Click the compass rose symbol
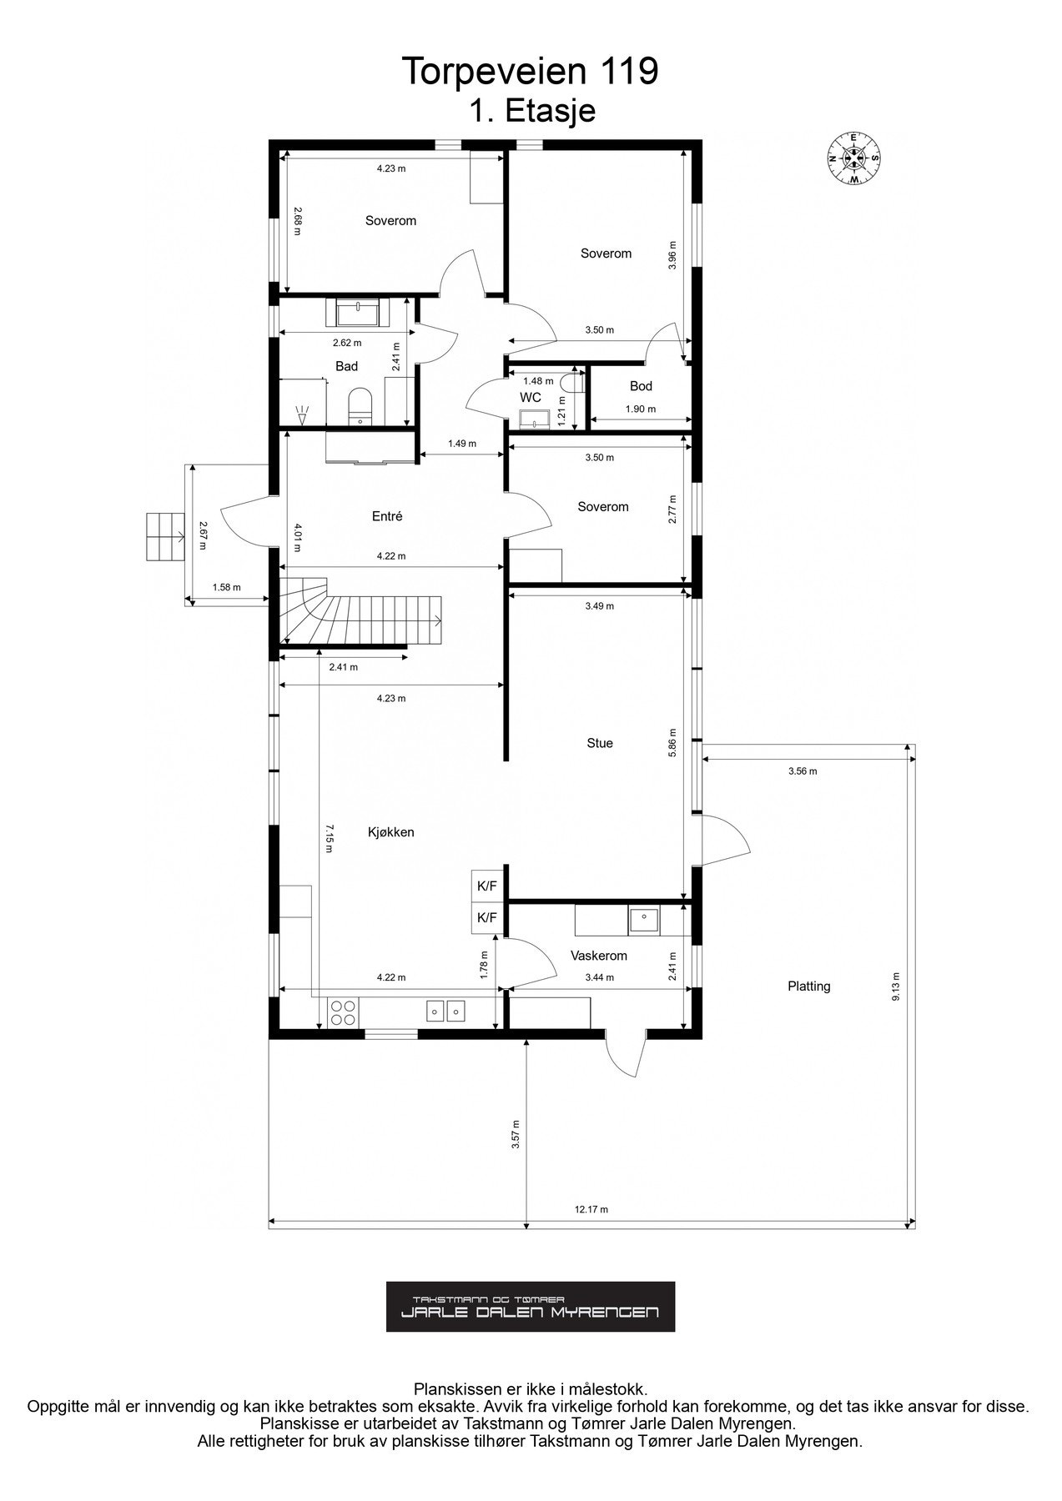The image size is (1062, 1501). [854, 158]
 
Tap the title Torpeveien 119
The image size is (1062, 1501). [530, 72]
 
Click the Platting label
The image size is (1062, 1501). [808, 986]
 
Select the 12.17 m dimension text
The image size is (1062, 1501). [591, 1209]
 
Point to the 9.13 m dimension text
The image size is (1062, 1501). [896, 986]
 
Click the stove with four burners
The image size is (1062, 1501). [342, 1012]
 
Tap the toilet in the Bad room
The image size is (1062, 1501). [360, 405]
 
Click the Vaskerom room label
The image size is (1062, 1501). [598, 956]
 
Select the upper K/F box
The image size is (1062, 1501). [486, 886]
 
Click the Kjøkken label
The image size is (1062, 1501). [390, 832]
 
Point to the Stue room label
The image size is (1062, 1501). [599, 743]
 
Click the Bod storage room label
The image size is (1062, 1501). [641, 386]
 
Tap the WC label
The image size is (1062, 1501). [531, 398]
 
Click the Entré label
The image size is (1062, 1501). [387, 516]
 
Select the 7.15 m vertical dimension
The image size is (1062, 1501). [329, 838]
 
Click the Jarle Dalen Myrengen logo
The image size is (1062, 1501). [530, 1307]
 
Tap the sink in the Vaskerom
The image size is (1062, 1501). [643, 920]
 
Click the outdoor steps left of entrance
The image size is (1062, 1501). [164, 537]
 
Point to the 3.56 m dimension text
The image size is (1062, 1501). [803, 771]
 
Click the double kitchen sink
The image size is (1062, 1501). [445, 1011]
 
